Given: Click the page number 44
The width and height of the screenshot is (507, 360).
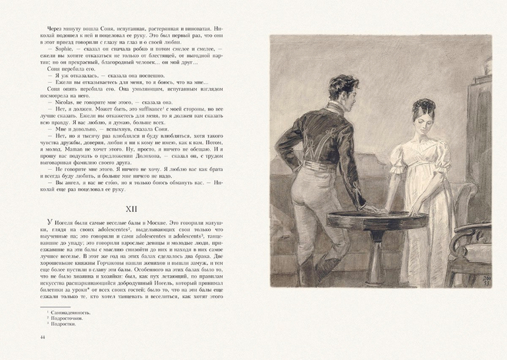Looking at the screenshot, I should (43, 339).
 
